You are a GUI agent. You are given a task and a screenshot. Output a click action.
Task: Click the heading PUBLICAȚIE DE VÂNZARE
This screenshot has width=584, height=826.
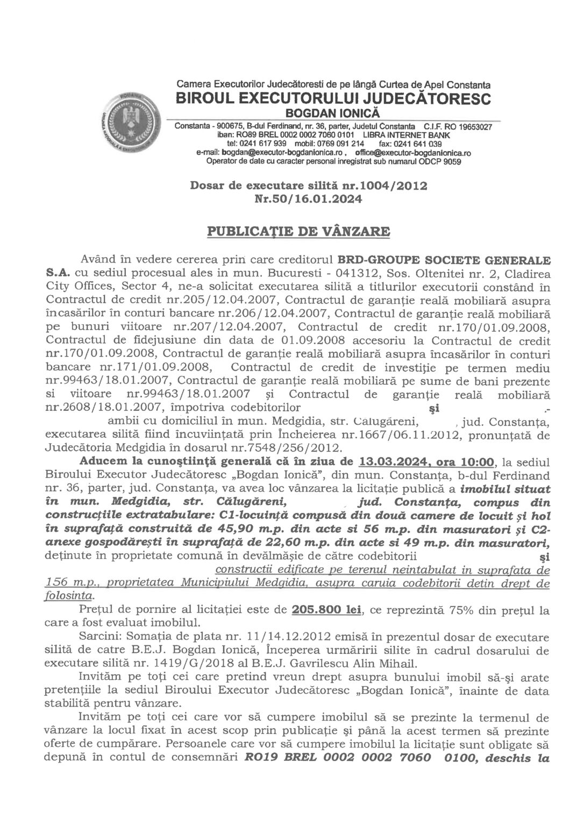[x=300, y=232]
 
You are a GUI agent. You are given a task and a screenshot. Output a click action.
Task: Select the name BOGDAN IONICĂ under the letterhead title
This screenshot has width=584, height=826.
[x=333, y=113]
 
